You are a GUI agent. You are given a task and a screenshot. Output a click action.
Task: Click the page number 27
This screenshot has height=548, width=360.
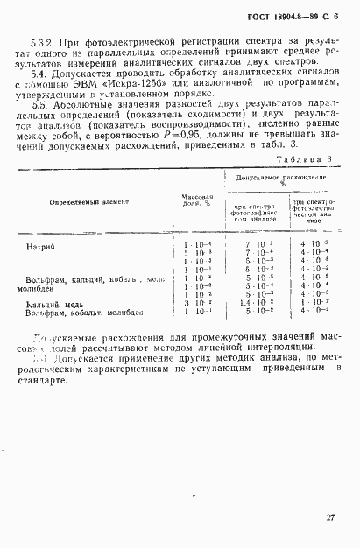pos(329,517)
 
